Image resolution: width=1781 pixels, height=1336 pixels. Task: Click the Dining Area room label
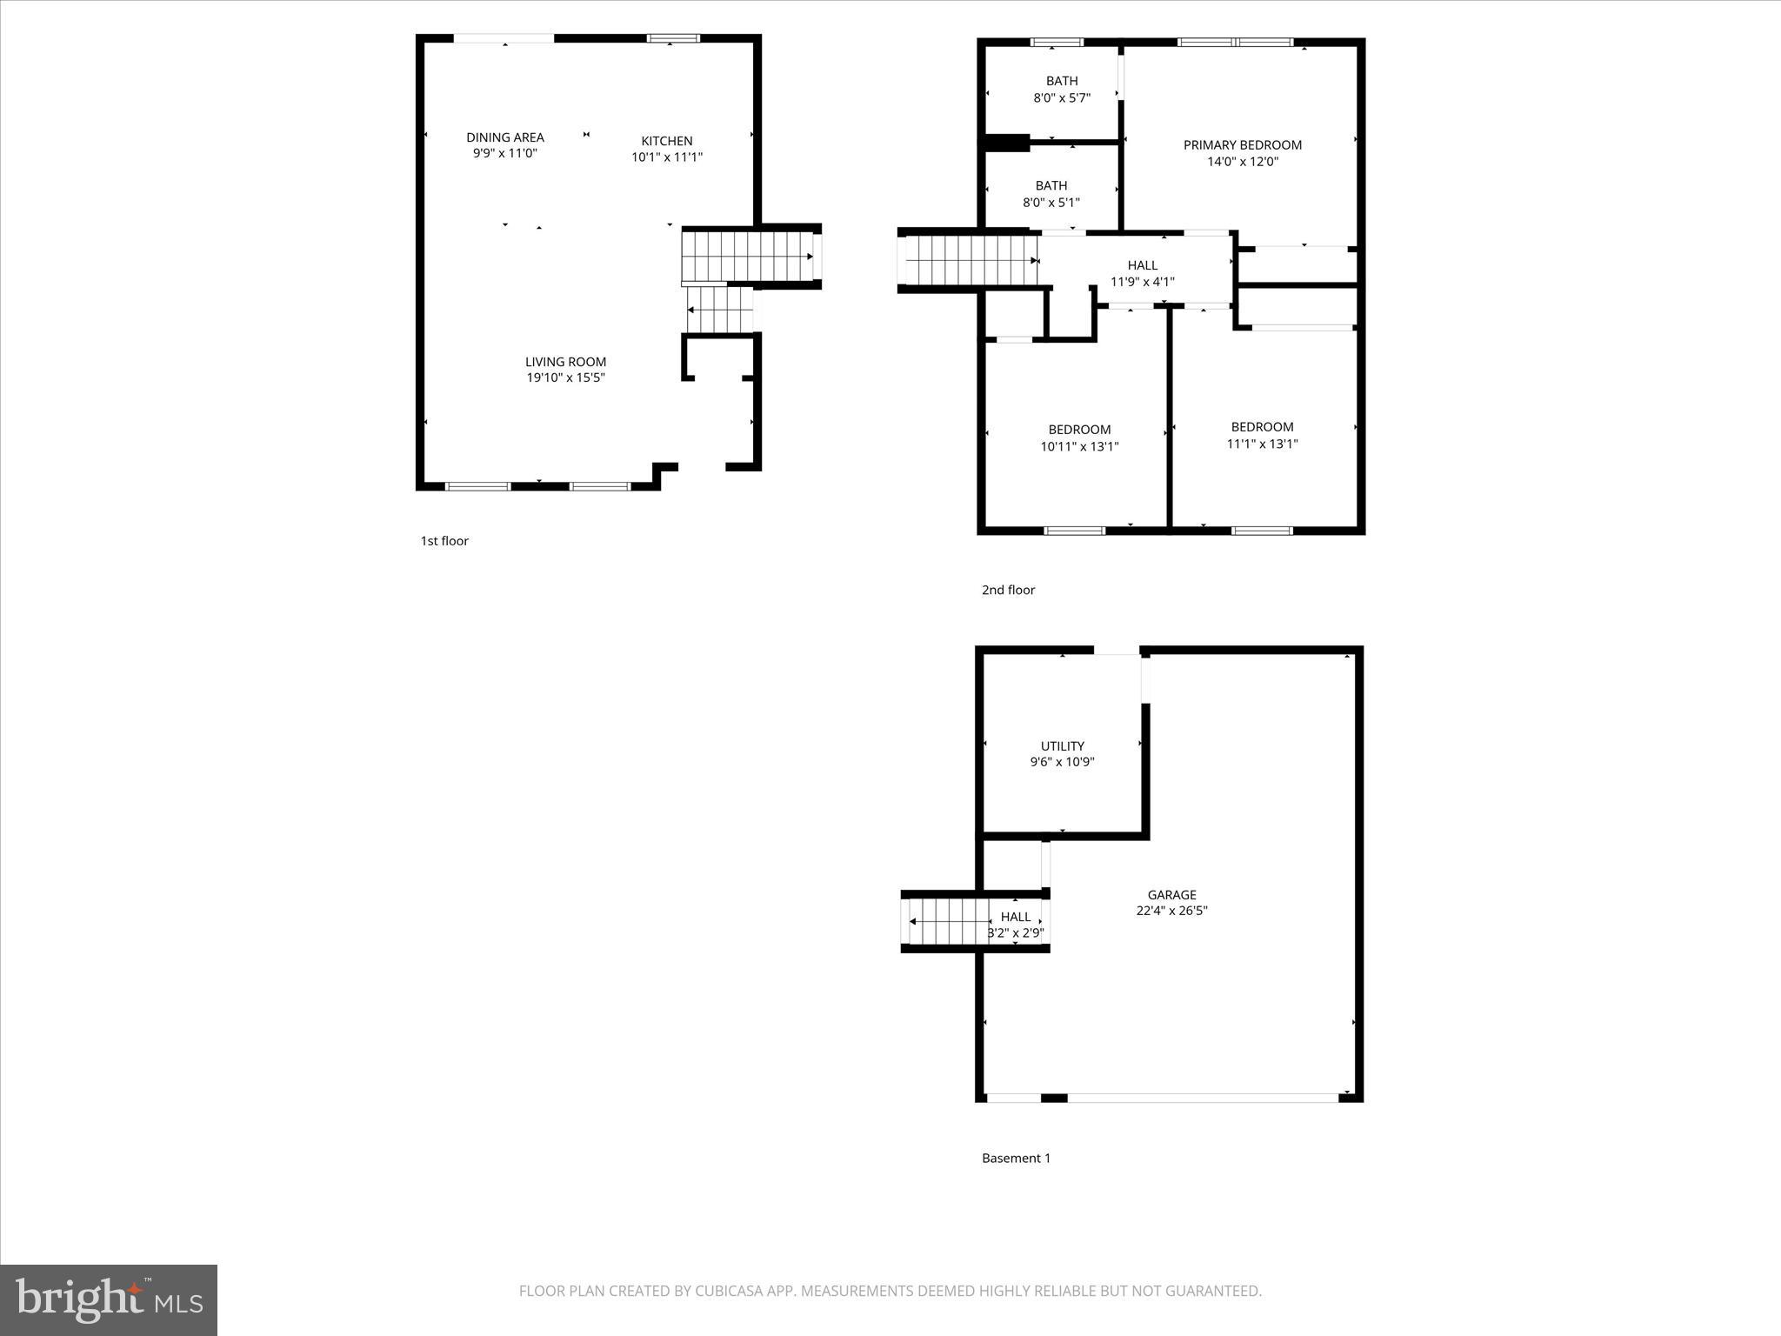[504, 137]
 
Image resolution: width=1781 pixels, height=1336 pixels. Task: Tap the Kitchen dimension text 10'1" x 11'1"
[667, 157]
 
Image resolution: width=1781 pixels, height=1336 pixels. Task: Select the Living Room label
[565, 362]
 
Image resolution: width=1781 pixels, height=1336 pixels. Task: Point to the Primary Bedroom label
[1242, 145]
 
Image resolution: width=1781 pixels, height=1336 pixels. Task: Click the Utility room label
[1062, 746]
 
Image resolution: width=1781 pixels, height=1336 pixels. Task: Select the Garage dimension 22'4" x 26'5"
[1171, 911]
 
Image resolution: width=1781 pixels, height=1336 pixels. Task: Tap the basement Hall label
[1015, 917]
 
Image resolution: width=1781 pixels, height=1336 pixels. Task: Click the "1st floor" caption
[444, 541]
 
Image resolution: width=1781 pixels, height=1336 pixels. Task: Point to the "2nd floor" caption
[1008, 590]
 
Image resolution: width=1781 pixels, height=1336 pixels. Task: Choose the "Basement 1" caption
[1016, 1159]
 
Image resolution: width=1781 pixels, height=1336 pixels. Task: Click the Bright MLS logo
[109, 1299]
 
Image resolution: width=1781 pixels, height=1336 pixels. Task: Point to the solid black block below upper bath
[1006, 143]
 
